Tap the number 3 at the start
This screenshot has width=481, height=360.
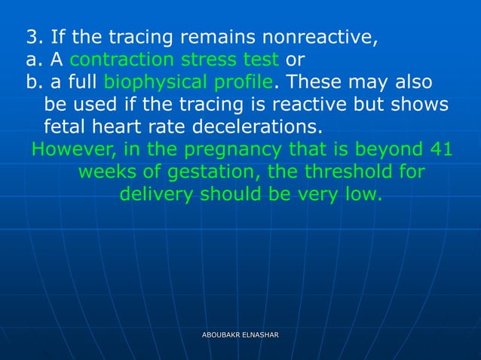(32, 36)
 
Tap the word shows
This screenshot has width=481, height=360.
(422, 103)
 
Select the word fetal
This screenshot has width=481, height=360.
(66, 125)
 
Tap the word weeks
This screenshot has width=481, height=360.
(105, 172)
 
